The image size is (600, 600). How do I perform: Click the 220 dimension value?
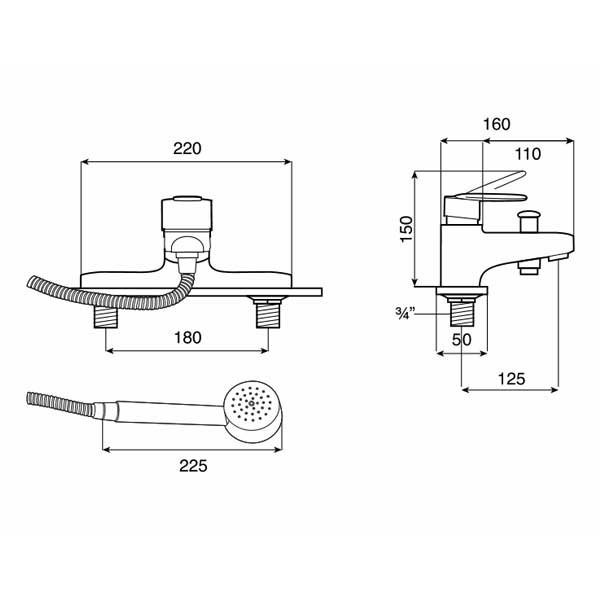click(x=187, y=148)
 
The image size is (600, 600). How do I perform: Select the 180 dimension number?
click(x=186, y=338)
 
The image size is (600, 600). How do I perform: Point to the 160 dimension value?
click(x=495, y=124)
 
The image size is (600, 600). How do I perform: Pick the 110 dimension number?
click(x=526, y=154)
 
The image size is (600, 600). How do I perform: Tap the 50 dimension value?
click(x=461, y=340)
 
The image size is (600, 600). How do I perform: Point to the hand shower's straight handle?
click(x=165, y=409)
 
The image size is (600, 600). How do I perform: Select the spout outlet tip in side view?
click(x=555, y=259)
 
